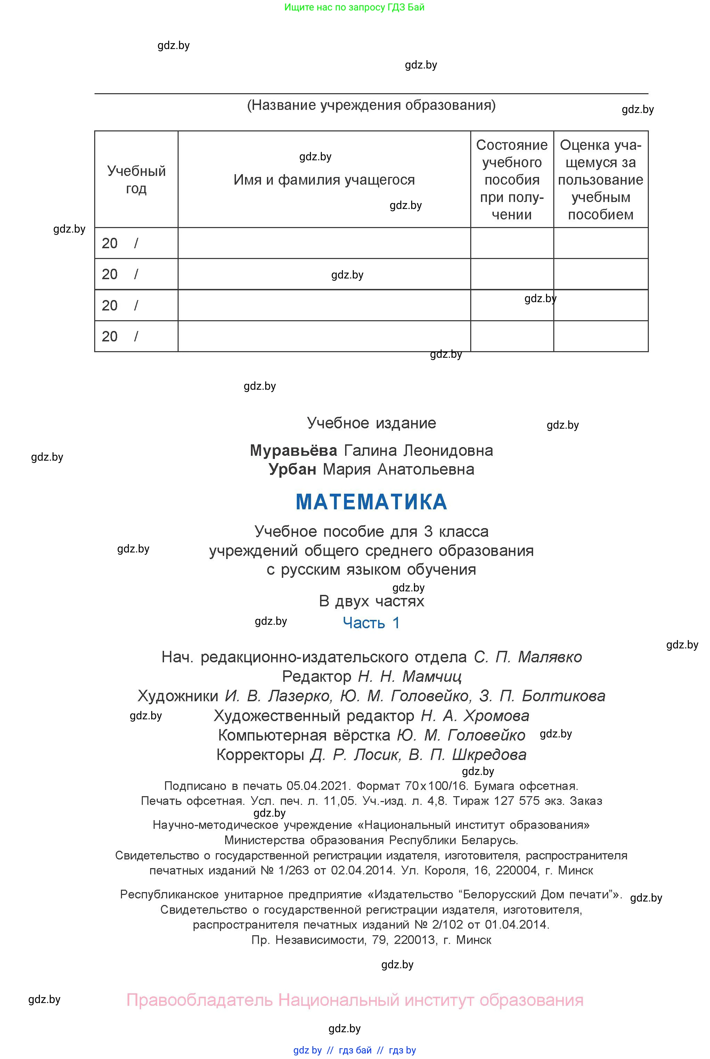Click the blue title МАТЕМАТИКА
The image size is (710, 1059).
point(371,502)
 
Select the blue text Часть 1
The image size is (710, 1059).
point(371,623)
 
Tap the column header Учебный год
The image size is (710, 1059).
point(136,179)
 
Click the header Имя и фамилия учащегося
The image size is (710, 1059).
point(324,180)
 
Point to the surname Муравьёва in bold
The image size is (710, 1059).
point(293,450)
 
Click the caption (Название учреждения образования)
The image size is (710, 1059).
point(371,105)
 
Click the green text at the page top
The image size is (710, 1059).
point(354,7)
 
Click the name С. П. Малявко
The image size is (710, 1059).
point(528,657)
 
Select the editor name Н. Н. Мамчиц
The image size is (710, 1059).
point(410,676)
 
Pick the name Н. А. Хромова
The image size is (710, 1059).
point(475,716)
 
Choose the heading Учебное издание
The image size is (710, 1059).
point(371,423)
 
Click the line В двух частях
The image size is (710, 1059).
point(371,601)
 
